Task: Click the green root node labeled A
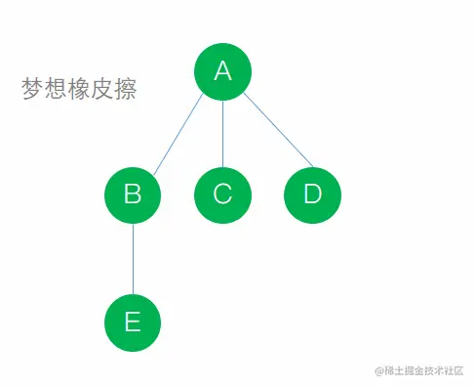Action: tap(222, 71)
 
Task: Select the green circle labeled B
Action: tap(133, 193)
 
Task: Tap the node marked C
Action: tap(222, 193)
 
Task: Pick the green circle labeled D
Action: tap(312, 193)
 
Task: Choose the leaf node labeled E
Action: tap(133, 321)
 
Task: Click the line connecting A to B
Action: tap(178, 133)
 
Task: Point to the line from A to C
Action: tap(222, 132)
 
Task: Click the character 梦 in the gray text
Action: tap(33, 90)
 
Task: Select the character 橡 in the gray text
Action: tap(79, 90)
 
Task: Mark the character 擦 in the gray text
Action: tap(125, 90)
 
